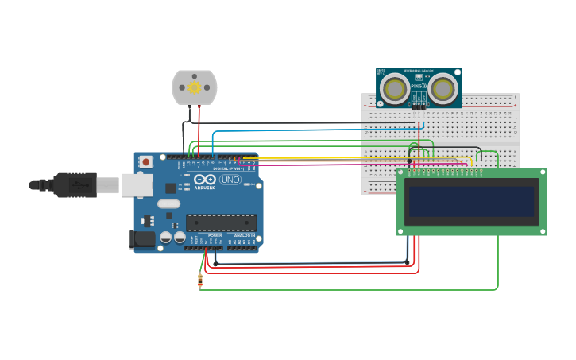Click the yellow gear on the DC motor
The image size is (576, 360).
pyautogui.click(x=194, y=87)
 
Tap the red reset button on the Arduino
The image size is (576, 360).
pyautogui.click(x=145, y=161)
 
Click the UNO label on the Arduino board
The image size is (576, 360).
pyautogui.click(x=230, y=180)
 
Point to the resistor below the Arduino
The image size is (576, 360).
pyautogui.click(x=199, y=280)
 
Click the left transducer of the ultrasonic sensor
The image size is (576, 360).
pyautogui.click(x=395, y=87)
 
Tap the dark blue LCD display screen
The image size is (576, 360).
pyautogui.click(x=471, y=201)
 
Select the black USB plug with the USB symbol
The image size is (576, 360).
pyautogui.click(x=75, y=185)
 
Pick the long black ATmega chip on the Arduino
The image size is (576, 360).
pyautogui.click(x=221, y=223)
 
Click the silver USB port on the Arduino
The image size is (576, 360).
pyautogui.click(x=137, y=185)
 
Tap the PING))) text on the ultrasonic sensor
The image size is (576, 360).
pyautogui.click(x=419, y=86)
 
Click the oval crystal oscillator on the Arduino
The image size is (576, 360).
pyautogui.click(x=168, y=203)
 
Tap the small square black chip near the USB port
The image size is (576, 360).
pyautogui.click(x=170, y=188)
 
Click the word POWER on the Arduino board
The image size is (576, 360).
pyautogui.click(x=215, y=235)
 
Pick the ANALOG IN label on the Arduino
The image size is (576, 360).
pyautogui.click(x=245, y=235)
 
